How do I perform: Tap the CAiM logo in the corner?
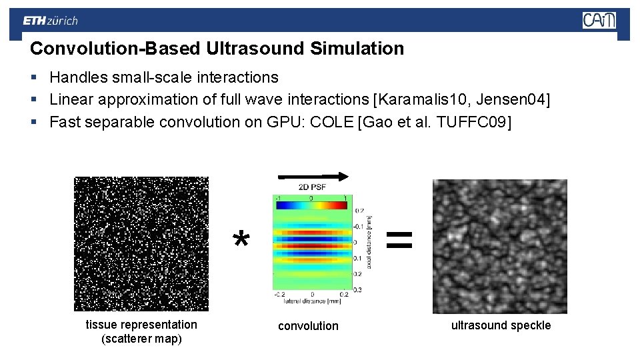click(x=599, y=21)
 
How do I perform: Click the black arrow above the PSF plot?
click(x=313, y=176)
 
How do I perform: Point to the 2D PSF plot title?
click(x=312, y=187)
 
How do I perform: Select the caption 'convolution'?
click(x=308, y=326)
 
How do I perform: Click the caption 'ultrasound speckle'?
click(x=501, y=325)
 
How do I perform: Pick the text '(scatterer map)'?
click(x=141, y=339)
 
